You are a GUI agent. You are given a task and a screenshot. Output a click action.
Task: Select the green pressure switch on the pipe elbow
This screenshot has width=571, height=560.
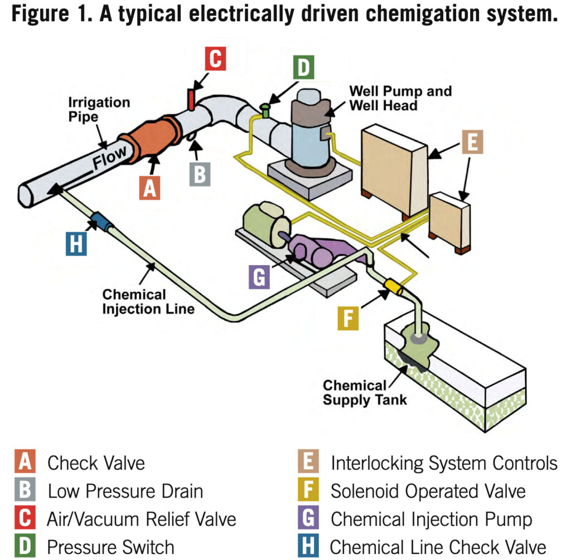tap(265, 109)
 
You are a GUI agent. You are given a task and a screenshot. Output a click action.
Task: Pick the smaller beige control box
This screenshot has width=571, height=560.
tap(449, 221)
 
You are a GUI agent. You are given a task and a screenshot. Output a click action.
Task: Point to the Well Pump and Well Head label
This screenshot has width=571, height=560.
tap(400, 97)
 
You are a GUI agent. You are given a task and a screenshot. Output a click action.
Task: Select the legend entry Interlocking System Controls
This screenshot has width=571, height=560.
tap(443, 463)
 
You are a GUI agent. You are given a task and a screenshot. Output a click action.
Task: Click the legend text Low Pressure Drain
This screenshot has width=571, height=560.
tap(125, 491)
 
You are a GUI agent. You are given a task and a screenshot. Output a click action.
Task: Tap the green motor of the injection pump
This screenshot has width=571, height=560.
tap(264, 223)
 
